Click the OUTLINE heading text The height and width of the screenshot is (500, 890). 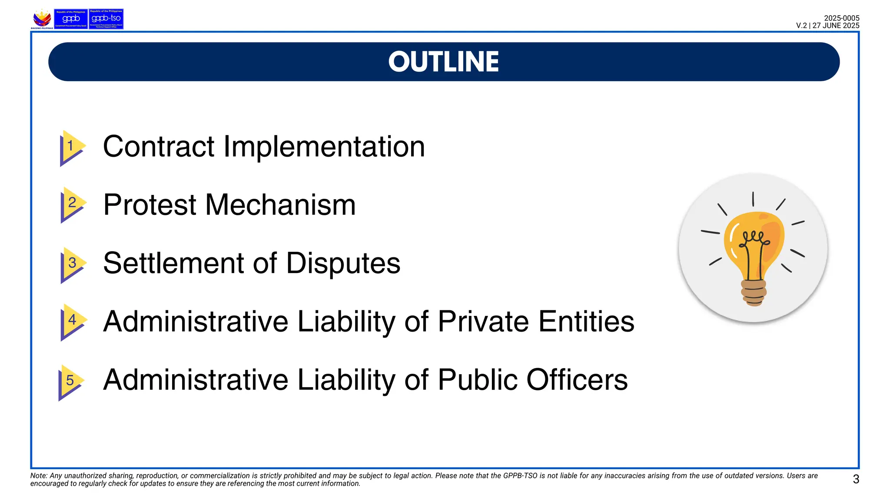[443, 62]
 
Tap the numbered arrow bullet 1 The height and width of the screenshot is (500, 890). [71, 147]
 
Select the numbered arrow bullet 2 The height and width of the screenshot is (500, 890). [72, 204]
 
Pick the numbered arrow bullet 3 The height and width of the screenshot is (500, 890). [72, 264]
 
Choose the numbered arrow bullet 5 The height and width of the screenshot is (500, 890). [70, 381]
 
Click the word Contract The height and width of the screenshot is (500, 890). [159, 147]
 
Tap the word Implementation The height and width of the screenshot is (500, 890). [324, 147]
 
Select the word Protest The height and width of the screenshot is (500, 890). [150, 205]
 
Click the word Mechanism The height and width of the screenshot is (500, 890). [280, 205]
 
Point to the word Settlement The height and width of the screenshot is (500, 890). [174, 263]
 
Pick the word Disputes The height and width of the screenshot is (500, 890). [343, 263]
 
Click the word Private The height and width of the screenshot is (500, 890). [484, 322]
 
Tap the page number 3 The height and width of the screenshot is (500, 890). [856, 479]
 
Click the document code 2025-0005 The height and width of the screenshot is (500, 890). [841, 18]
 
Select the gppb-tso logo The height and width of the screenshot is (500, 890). [106, 19]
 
